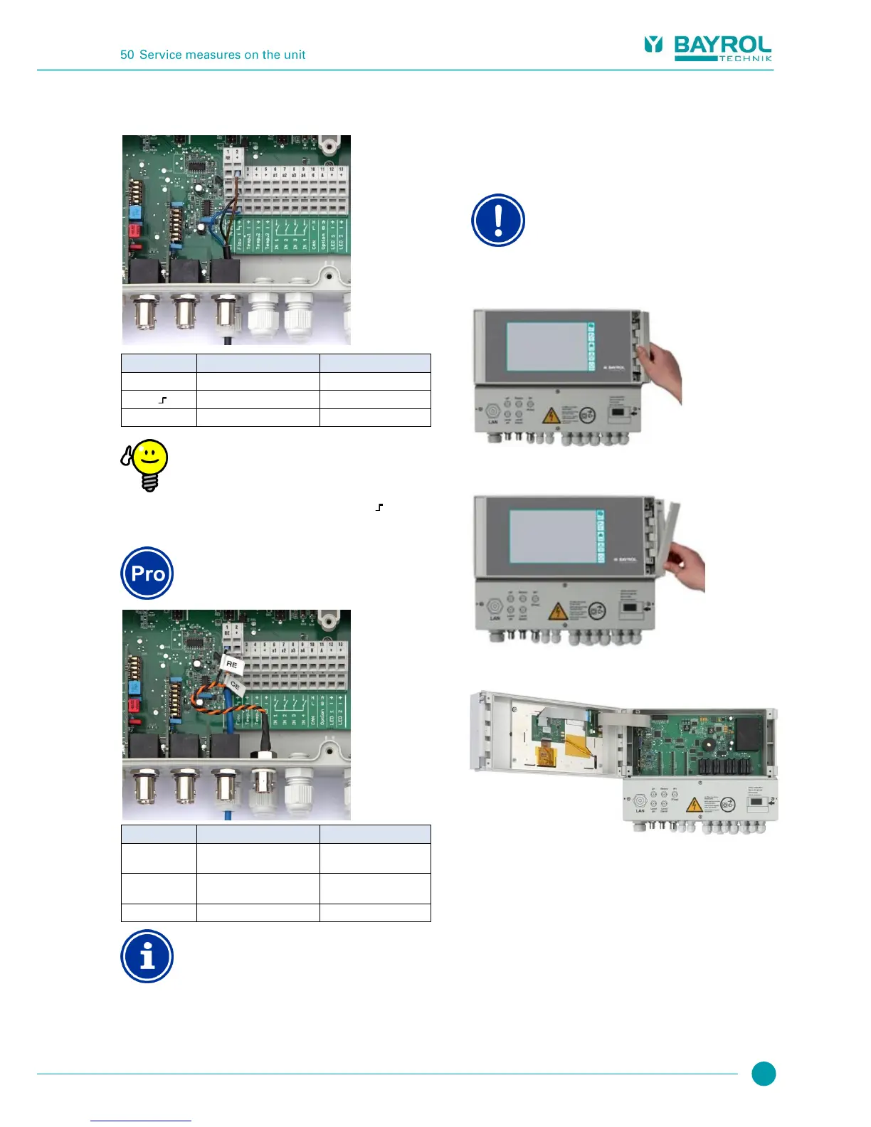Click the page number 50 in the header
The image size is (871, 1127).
(127, 55)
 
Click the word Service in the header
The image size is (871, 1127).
(161, 55)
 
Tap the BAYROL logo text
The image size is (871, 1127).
(722, 45)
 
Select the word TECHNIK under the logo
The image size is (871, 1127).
(745, 58)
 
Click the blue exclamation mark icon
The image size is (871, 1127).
(498, 221)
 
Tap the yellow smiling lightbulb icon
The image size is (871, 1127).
(146, 464)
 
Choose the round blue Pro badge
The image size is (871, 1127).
(147, 573)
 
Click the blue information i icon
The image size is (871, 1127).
(147, 956)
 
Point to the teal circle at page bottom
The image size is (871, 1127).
(764, 1074)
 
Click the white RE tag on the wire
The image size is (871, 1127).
(232, 665)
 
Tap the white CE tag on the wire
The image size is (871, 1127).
(236, 687)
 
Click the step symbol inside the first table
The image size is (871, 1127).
(162, 400)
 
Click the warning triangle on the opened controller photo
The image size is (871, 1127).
(694, 805)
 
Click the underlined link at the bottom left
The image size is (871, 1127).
(141, 1120)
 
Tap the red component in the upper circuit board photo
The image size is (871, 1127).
(134, 230)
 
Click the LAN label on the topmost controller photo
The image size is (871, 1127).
(493, 422)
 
